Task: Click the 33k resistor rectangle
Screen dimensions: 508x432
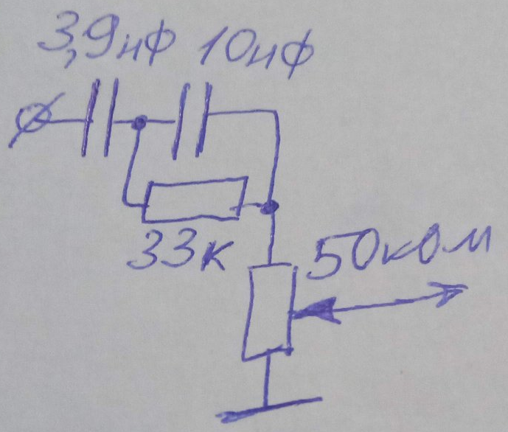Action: [195, 199]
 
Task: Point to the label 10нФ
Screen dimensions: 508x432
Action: [256, 52]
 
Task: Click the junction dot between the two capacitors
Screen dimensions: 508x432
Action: [140, 122]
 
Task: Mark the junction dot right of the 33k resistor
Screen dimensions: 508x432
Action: [270, 206]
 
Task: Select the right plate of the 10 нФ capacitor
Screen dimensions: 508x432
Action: [204, 120]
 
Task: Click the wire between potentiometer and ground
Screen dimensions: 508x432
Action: [267, 380]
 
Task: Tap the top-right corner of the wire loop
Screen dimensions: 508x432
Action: [276, 112]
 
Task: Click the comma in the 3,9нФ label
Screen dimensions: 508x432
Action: [70, 60]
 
